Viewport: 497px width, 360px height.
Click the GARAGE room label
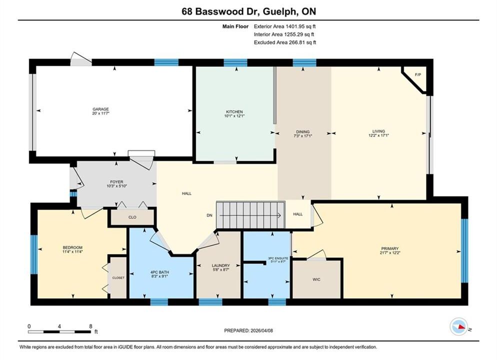click(x=101, y=109)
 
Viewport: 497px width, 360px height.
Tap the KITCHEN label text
click(x=234, y=112)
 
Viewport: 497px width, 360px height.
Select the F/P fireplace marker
click(x=418, y=75)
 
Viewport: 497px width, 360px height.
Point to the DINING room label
click(x=302, y=132)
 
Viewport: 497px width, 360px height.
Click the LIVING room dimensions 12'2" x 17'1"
click(x=378, y=135)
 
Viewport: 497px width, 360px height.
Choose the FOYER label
click(x=116, y=182)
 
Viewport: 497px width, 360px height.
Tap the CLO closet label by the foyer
click(x=132, y=217)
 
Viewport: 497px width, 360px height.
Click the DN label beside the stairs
click(x=209, y=215)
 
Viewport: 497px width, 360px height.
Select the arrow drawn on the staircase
click(x=250, y=215)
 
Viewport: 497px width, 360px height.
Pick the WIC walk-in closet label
click(x=316, y=279)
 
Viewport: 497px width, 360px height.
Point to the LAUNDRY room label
click(x=220, y=265)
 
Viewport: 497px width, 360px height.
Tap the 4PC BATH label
click(x=159, y=272)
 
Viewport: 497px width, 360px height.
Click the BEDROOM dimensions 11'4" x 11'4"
click(x=72, y=251)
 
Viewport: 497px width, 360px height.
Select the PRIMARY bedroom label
click(x=389, y=249)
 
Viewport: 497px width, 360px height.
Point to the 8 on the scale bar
click(x=90, y=326)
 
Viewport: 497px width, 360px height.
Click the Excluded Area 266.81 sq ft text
click(x=285, y=42)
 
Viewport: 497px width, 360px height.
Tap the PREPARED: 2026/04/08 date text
click(x=248, y=330)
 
